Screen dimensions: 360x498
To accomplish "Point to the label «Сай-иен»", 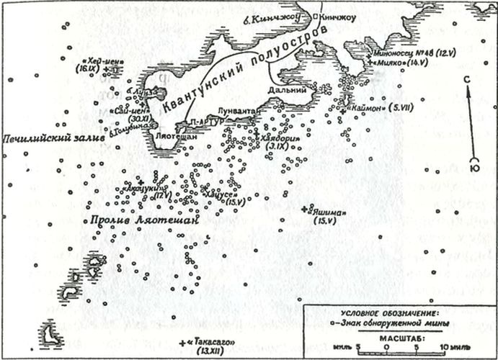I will [x=130, y=111].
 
